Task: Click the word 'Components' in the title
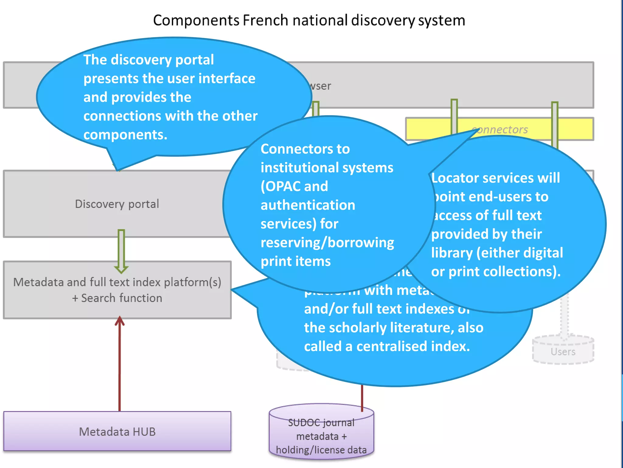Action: [x=196, y=21]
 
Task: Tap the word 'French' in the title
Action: [x=265, y=21]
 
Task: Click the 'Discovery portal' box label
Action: [x=117, y=204]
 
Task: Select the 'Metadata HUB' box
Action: [x=117, y=431]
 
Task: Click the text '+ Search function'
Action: [x=117, y=298]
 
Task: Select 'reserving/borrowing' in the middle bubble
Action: [x=327, y=243]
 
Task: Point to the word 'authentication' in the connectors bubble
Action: [x=308, y=205]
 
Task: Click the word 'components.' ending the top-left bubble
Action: [x=125, y=135]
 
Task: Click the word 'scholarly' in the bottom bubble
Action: [x=357, y=328]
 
